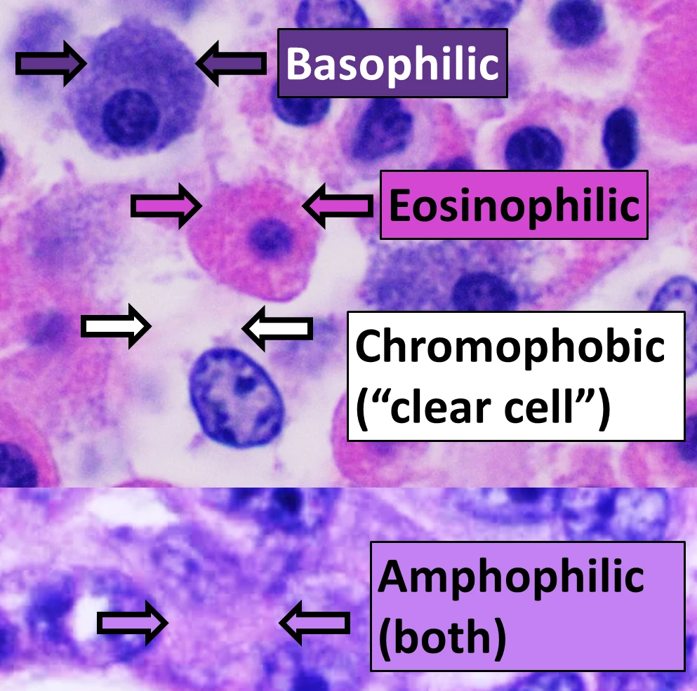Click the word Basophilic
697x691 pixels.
(392, 64)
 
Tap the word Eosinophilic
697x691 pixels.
(514, 206)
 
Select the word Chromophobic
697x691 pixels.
(510, 347)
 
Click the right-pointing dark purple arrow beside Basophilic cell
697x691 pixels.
(51, 64)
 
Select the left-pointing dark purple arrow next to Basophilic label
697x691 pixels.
(231, 63)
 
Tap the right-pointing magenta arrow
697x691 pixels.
(166, 206)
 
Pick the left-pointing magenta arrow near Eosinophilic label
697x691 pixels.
(338, 206)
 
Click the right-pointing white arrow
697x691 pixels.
(116, 326)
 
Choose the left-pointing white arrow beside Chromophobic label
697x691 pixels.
(277, 328)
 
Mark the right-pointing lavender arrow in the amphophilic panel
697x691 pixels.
(133, 623)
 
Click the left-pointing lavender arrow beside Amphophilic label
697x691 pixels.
(314, 622)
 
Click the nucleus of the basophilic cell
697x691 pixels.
(131, 117)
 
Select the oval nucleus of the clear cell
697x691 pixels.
(237, 396)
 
